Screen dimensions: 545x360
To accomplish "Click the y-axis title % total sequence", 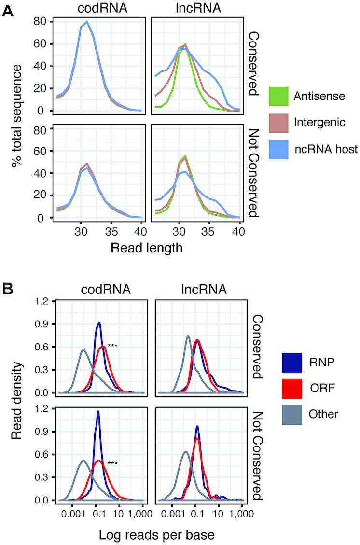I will click(x=18, y=117).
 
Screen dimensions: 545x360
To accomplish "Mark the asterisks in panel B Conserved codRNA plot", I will click(x=112, y=346).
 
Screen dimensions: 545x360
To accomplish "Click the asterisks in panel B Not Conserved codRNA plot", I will click(x=112, y=463).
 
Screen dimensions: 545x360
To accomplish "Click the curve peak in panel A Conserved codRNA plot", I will click(x=87, y=22).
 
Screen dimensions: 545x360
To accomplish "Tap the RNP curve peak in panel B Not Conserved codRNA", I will click(x=98, y=412).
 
